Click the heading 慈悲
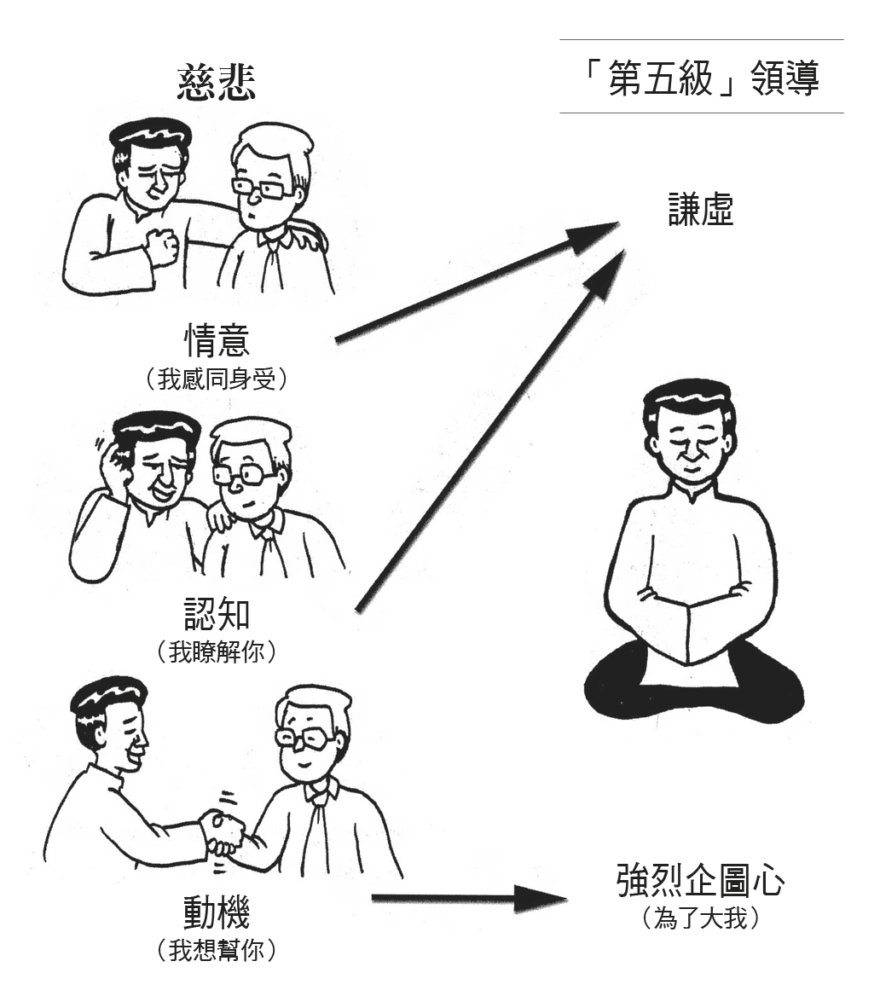[x=216, y=83]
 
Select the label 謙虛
[x=701, y=211]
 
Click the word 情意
[x=217, y=340]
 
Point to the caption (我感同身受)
[x=217, y=379]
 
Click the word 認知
[x=217, y=613]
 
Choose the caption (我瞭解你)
[x=217, y=651]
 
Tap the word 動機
[x=217, y=912]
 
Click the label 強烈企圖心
[x=700, y=880]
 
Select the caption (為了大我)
[x=700, y=918]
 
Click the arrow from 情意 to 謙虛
[x=478, y=282]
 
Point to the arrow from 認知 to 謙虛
[x=490, y=432]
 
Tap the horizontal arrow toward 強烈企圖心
[x=469, y=898]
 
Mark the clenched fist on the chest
[x=164, y=246]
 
